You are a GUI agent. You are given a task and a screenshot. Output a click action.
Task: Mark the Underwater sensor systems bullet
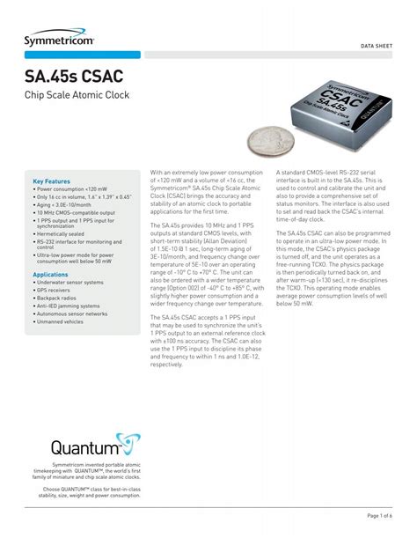70,282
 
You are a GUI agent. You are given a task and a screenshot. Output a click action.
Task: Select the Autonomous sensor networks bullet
72,313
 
